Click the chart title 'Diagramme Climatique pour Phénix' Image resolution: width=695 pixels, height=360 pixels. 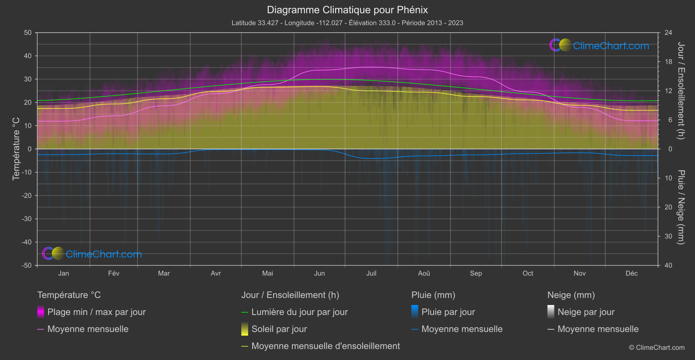click(347, 10)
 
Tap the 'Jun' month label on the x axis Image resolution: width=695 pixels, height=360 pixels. click(319, 273)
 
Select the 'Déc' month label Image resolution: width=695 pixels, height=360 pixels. click(631, 273)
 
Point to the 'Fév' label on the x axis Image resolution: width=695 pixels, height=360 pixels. click(113, 273)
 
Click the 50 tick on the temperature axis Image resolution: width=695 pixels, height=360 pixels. click(28, 33)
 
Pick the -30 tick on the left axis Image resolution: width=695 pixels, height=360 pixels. click(27, 219)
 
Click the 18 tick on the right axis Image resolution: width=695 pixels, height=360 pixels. click(668, 62)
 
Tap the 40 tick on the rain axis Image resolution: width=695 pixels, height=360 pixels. click(668, 265)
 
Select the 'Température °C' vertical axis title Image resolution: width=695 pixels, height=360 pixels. click(16, 149)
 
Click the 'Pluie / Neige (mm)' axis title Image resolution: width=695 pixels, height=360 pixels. click(681, 207)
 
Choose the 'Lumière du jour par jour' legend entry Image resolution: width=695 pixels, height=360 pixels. click(299, 312)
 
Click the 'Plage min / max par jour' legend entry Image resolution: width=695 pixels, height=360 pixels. click(96, 312)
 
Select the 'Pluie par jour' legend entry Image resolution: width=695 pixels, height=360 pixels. click(448, 312)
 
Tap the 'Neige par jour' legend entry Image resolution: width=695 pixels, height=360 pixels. click(586, 312)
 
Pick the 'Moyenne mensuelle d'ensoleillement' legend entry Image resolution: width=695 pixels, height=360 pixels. click(325, 346)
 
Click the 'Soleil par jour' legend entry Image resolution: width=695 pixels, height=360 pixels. click(279, 329)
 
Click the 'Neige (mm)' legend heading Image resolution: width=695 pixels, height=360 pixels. click(571, 295)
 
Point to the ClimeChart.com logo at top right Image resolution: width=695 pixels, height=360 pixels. click(599, 45)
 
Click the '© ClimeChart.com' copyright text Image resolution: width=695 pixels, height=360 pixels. click(657, 347)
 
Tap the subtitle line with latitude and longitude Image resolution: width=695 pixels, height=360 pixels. click(347, 23)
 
